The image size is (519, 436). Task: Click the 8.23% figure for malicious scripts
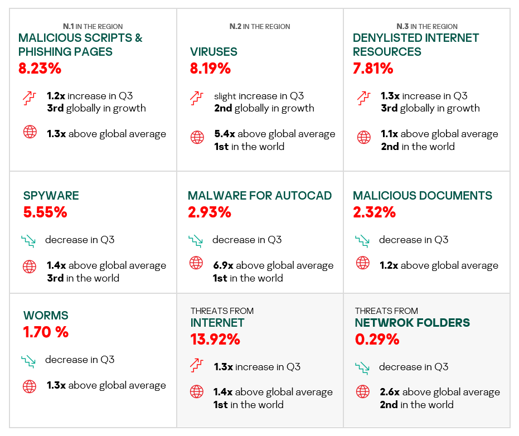pos(40,69)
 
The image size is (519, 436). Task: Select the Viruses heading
pos(214,52)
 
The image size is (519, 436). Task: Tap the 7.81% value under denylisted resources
pos(373,69)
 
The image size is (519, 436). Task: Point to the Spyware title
pos(51,196)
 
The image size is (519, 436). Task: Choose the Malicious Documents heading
pos(423,196)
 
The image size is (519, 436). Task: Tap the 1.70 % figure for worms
pos(46,332)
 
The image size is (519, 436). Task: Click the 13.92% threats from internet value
pos(215,339)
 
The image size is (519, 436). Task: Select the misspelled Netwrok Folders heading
pos(412,323)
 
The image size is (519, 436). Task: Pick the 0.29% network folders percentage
pos(377,339)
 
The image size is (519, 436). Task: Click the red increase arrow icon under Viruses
pos(196,98)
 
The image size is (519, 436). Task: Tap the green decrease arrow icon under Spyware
pos(28,241)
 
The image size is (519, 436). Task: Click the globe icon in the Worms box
pos(30,386)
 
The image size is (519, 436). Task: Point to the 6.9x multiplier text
pos(223,265)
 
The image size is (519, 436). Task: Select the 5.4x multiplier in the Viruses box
pos(224,134)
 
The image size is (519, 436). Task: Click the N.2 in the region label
pos(260,26)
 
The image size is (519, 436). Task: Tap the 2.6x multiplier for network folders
pos(389,392)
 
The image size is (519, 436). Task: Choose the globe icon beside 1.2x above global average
pos(363,263)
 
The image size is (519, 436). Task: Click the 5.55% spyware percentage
pos(45,212)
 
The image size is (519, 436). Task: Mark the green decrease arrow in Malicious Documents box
pos(362,241)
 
